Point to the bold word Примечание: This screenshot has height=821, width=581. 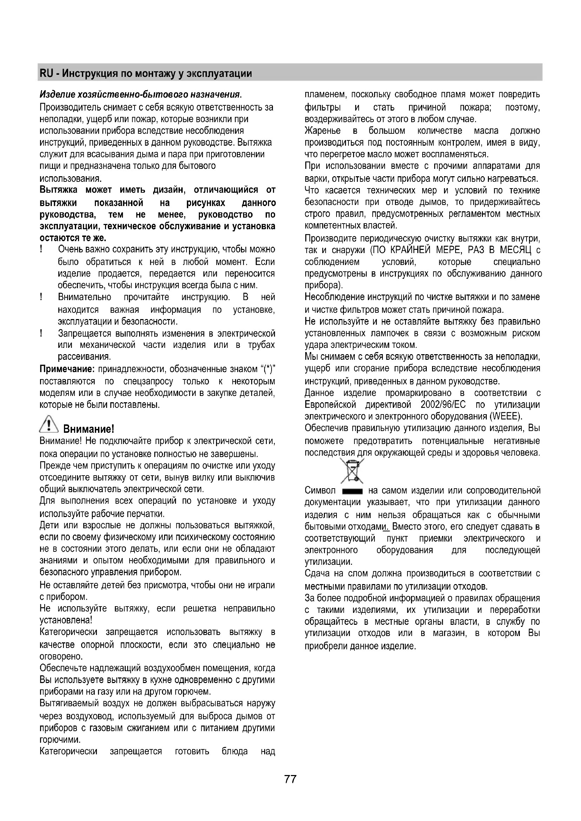coord(67,369)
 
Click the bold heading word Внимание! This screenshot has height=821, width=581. coord(89,429)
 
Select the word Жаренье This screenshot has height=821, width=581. coord(323,131)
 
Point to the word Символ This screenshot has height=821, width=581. coord(320,490)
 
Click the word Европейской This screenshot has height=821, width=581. coord(330,405)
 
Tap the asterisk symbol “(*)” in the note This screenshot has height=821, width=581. coord(268,369)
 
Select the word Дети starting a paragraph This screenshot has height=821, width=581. coord(49,526)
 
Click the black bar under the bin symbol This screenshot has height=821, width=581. coord(352,491)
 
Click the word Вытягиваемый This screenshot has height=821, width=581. coord(67,703)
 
